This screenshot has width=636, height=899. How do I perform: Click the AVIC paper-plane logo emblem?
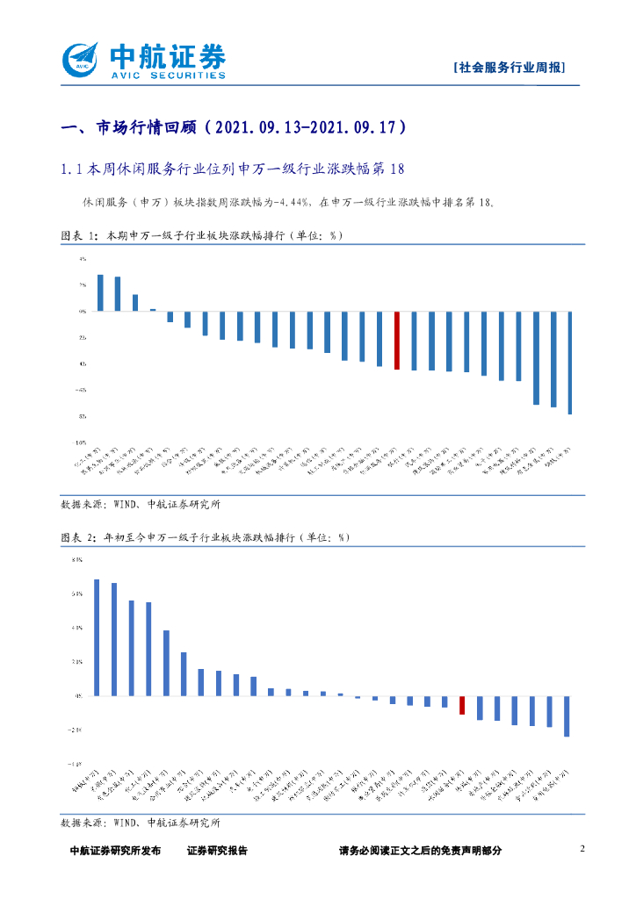[x=83, y=61]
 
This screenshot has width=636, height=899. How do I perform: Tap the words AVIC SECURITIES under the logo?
[x=167, y=76]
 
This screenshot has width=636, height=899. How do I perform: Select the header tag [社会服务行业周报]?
[x=509, y=68]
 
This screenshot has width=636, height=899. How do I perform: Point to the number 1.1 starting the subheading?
[x=71, y=168]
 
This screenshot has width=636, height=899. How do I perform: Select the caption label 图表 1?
[x=78, y=236]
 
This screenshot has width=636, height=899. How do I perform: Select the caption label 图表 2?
[x=78, y=536]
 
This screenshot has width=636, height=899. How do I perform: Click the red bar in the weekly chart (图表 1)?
[x=397, y=340]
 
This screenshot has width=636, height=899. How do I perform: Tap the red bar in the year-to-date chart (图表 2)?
[x=462, y=705]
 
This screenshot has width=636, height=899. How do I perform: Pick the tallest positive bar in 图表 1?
[x=100, y=292]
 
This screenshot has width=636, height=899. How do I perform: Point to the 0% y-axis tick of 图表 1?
[x=82, y=311]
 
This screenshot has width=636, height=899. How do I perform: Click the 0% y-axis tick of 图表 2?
[x=78, y=695]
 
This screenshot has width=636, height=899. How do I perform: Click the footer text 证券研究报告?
[x=217, y=850]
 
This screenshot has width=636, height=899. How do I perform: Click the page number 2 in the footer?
[x=582, y=848]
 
